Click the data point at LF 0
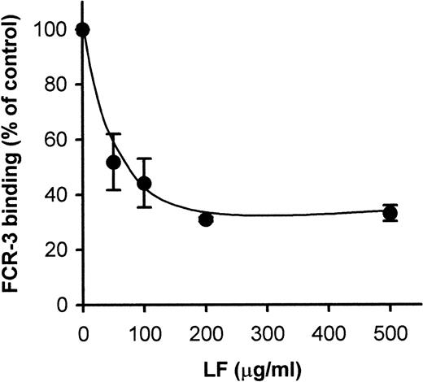point(82,30)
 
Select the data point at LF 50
point(114,162)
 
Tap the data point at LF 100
point(144,184)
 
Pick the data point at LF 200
point(206,219)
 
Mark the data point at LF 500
point(390,213)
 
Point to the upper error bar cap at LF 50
point(114,134)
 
